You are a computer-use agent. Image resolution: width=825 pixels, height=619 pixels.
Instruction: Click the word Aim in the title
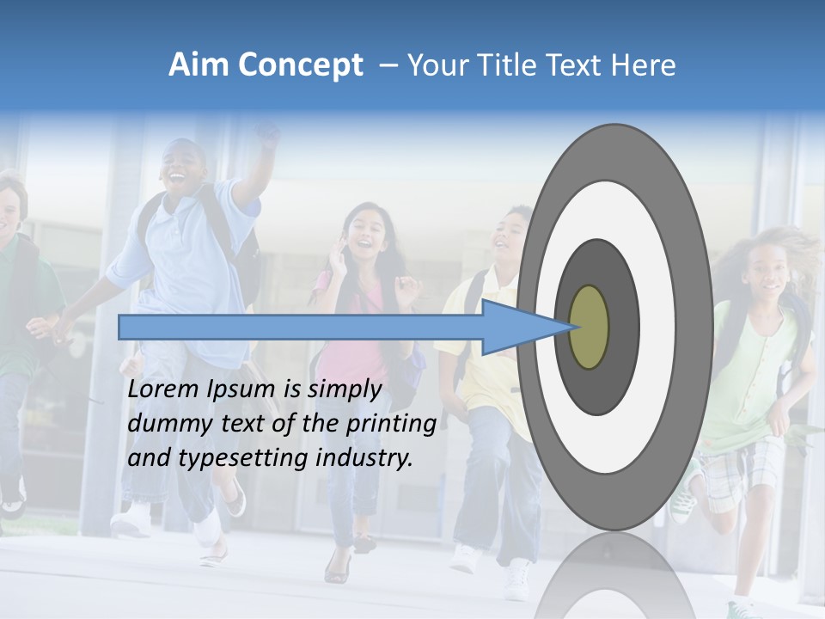click(199, 65)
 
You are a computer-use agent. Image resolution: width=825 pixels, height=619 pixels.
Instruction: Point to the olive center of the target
click(589, 328)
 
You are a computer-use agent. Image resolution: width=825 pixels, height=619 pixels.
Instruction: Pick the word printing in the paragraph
click(392, 424)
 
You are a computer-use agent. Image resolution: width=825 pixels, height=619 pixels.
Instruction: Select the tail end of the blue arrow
click(122, 327)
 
